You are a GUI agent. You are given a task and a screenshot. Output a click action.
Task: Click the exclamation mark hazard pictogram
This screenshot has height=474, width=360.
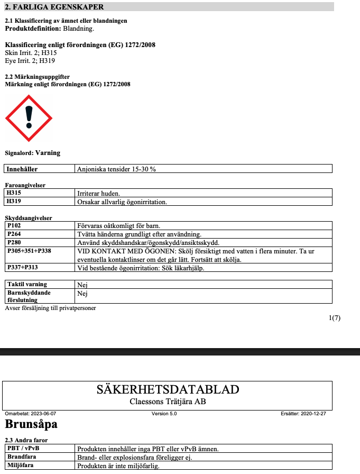29,118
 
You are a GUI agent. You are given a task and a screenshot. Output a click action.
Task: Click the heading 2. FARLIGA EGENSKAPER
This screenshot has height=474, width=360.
54,7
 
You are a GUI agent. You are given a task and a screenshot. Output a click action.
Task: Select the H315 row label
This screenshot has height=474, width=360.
14,194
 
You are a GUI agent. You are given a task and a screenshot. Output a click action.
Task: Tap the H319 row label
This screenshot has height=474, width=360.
14,202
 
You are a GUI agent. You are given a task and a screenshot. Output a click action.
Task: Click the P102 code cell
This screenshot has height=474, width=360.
14,226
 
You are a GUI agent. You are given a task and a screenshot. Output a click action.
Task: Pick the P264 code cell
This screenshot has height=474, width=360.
14,234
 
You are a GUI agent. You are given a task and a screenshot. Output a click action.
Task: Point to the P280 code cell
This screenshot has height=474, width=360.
14,242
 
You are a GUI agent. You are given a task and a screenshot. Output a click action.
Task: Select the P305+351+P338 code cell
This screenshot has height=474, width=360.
29,251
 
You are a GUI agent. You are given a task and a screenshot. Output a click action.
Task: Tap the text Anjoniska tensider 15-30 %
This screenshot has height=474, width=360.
116,169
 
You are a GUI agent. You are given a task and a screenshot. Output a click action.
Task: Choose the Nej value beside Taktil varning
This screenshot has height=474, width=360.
82,284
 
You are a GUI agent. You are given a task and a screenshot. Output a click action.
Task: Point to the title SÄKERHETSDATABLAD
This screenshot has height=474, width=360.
168,389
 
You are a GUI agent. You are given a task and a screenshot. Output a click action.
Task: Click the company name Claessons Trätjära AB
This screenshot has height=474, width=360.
168,402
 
